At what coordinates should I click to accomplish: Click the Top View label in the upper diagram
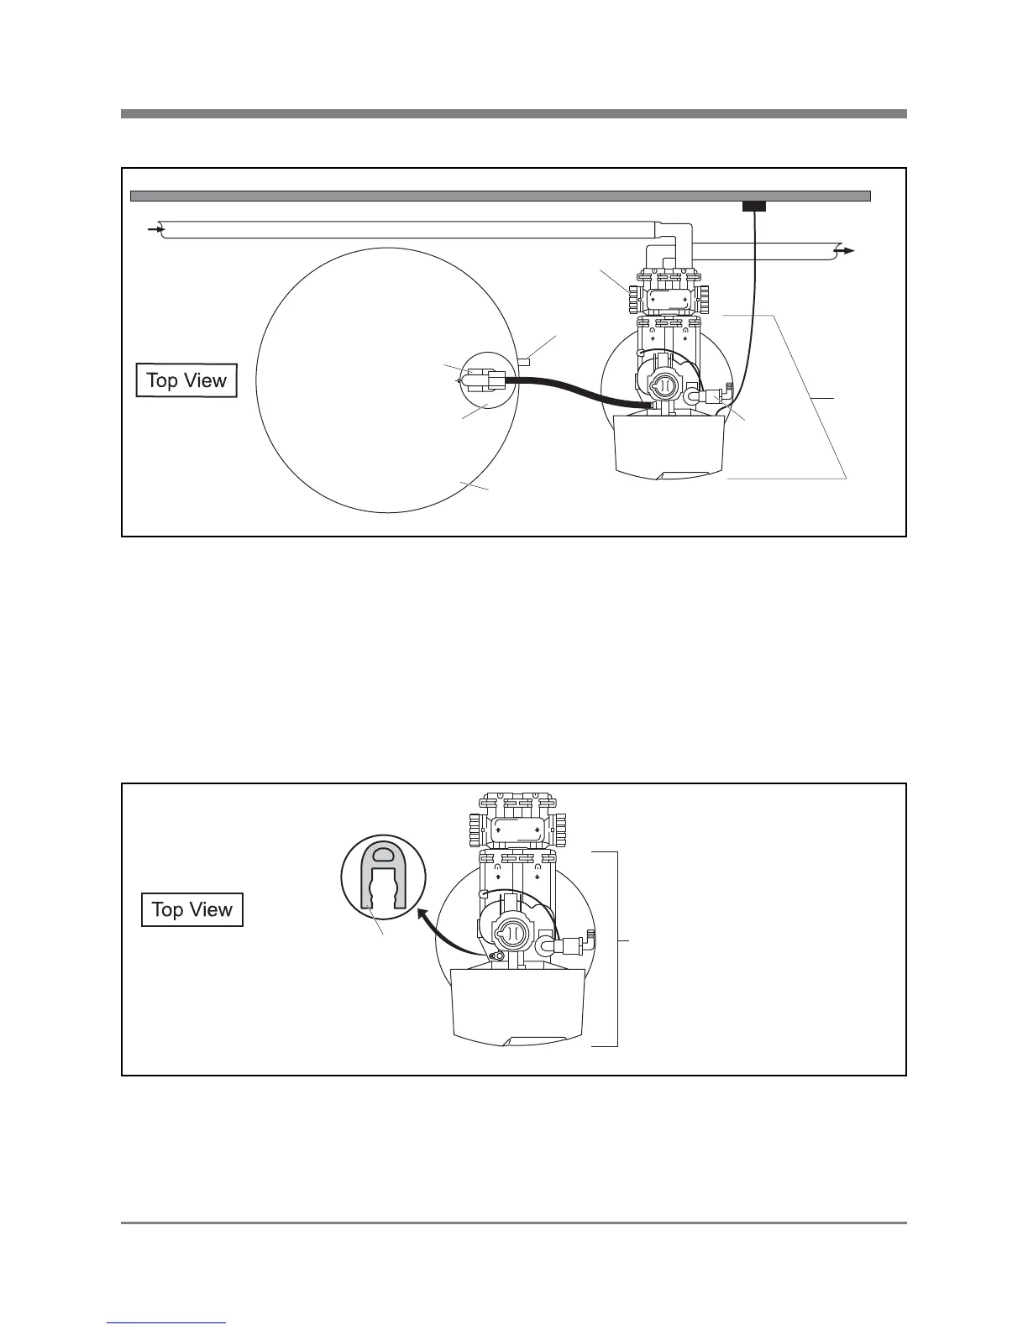coord(186,380)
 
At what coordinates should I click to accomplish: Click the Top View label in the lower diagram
coord(191,909)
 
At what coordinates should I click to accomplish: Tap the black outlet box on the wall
coord(754,206)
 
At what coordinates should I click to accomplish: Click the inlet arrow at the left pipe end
coord(155,228)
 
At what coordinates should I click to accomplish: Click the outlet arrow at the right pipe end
coord(846,250)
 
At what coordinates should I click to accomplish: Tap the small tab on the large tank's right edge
coord(525,362)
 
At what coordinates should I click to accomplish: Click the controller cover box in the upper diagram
coord(669,445)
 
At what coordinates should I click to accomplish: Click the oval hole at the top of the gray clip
coord(384,855)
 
